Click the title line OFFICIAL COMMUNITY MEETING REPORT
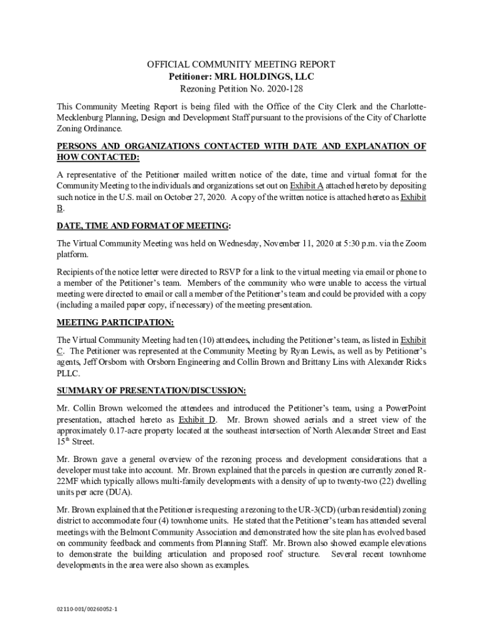pyautogui.click(x=241, y=65)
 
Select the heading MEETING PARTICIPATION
pyautogui.click(x=115, y=322)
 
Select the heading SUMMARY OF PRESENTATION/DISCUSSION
pyautogui.click(x=151, y=391)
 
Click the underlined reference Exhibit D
pyautogui.click(x=197, y=419)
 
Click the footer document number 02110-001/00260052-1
pyautogui.click(x=87, y=608)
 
